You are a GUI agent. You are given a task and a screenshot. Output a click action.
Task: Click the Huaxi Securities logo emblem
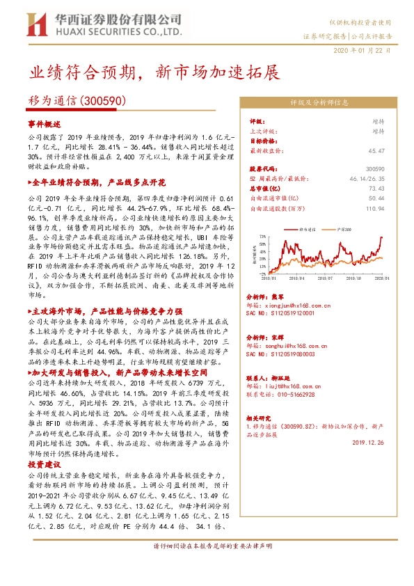pyautogui.click(x=37, y=26)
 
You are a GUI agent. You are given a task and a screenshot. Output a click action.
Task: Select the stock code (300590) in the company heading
pyautogui.click(x=104, y=100)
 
